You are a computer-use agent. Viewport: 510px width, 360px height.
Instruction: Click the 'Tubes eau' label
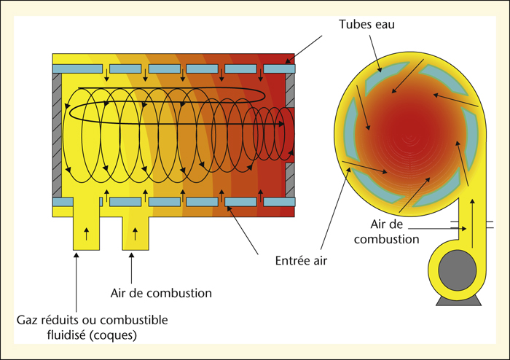pyautogui.click(x=366, y=24)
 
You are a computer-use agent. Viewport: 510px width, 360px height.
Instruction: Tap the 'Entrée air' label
pyautogui.click(x=301, y=260)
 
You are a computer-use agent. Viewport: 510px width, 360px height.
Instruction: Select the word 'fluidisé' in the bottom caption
pyautogui.click(x=66, y=334)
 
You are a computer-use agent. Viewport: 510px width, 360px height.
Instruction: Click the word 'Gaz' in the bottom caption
pyautogui.click(x=25, y=320)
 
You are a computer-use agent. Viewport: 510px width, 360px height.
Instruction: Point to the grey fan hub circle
pyautogui.click(x=458, y=270)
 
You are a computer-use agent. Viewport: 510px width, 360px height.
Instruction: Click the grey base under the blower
pyautogui.click(x=458, y=300)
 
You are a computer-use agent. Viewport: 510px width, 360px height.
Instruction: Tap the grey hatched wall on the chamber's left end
pyautogui.click(x=57, y=135)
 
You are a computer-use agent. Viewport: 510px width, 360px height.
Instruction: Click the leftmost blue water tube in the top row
pyautogui.click(x=77, y=69)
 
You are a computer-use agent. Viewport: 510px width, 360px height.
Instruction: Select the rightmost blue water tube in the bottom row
pyautogui.click(x=279, y=202)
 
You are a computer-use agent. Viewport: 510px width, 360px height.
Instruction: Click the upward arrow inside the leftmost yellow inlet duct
pyautogui.click(x=86, y=234)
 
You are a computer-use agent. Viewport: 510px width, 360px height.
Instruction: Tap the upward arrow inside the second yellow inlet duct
pyautogui.click(x=136, y=234)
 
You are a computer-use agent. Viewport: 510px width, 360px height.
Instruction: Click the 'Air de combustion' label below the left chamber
pyautogui.click(x=161, y=293)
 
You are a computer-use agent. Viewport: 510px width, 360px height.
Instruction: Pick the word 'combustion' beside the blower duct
pyautogui.click(x=386, y=239)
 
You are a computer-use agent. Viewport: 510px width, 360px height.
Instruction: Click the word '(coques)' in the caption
pyautogui.click(x=113, y=335)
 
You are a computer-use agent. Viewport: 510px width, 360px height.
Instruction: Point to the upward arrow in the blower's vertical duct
pyautogui.click(x=473, y=224)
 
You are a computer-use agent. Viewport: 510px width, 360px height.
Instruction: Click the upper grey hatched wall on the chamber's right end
pyautogui.click(x=290, y=90)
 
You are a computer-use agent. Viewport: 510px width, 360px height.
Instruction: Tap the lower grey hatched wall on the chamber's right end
pyautogui.click(x=290, y=180)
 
